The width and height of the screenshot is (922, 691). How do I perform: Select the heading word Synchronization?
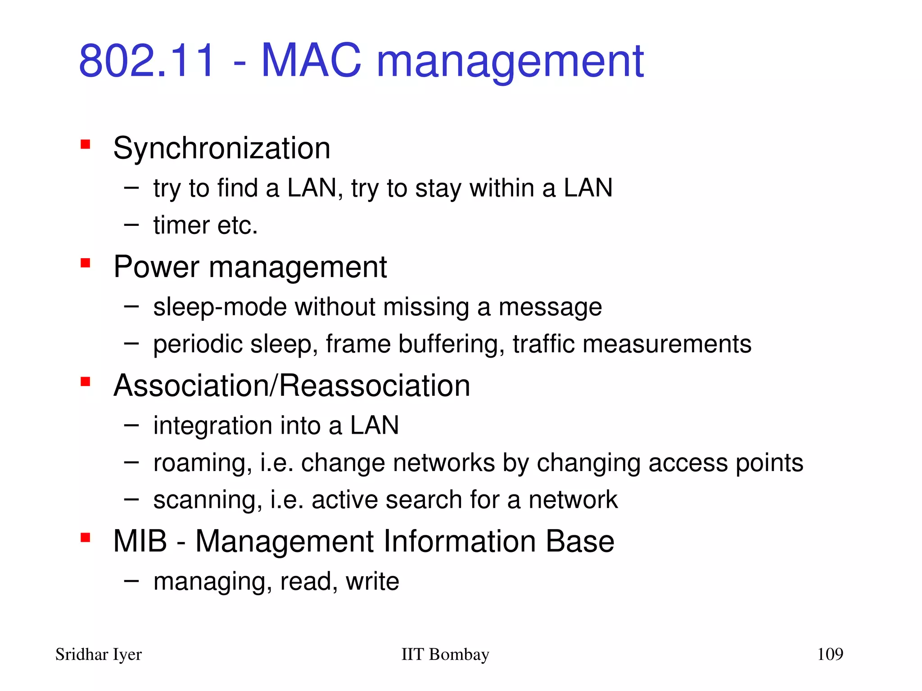[x=221, y=148]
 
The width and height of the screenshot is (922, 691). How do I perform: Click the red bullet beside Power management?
[x=86, y=263]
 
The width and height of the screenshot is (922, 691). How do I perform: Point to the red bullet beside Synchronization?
[x=86, y=144]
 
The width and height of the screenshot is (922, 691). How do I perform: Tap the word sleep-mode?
[x=220, y=308]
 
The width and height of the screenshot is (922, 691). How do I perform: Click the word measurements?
[x=667, y=345]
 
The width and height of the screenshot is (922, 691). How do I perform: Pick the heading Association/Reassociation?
[x=292, y=386]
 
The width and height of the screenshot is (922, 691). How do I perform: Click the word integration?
[x=212, y=426]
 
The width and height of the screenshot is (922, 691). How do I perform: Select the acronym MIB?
[x=140, y=541]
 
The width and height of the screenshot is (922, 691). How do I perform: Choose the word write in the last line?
[x=372, y=581]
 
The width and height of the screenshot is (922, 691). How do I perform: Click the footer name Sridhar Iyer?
[x=98, y=655]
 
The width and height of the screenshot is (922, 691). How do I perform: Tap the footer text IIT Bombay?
[x=445, y=655]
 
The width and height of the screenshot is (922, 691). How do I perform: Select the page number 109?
[x=830, y=654]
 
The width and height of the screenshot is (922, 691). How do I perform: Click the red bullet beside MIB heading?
[x=86, y=537]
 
